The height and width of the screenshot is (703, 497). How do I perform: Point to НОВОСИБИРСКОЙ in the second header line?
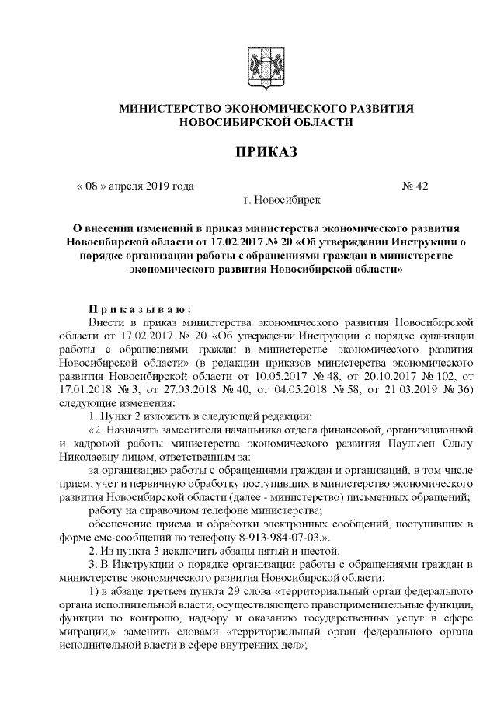tap(232, 122)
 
